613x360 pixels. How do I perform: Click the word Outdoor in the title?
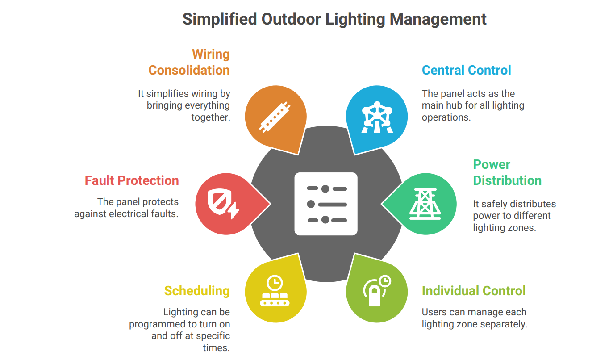tap(291, 19)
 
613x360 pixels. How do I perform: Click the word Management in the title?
tap(438, 20)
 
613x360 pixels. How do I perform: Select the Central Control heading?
tap(466, 70)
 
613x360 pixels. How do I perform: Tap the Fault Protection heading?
tap(132, 181)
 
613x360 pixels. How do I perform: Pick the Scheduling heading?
tap(197, 291)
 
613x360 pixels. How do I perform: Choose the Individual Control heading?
tap(474, 291)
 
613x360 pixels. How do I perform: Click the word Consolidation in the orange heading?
tap(189, 70)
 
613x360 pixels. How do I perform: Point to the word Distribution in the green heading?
tap(507, 181)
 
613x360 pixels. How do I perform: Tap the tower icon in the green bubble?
tap(425, 204)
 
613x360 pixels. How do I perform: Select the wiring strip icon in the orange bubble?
tap(275, 117)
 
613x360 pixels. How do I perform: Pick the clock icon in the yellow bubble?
tap(275, 283)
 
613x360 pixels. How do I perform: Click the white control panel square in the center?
tap(326, 204)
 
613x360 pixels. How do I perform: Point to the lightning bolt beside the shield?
tap(234, 210)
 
